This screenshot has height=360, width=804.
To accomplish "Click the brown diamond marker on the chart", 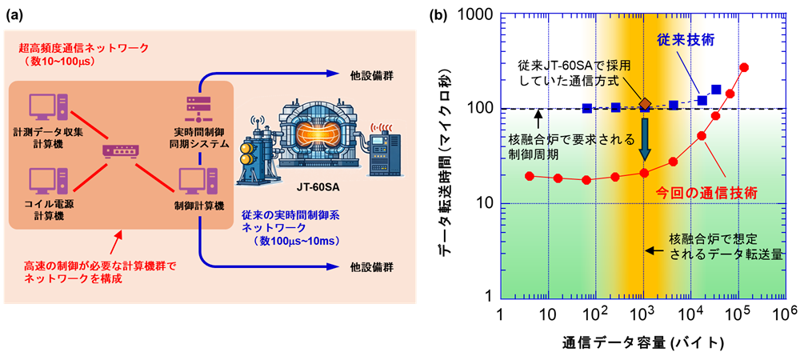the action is click(x=646, y=104).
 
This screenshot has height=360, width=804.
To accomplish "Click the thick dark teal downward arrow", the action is click(x=645, y=140).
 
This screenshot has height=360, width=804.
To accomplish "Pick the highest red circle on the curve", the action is click(x=745, y=68).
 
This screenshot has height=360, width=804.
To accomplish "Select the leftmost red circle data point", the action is click(x=530, y=176).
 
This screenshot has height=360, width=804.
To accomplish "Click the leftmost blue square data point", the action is click(x=588, y=108).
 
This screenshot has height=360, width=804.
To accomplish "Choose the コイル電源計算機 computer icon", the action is click(x=47, y=183).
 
